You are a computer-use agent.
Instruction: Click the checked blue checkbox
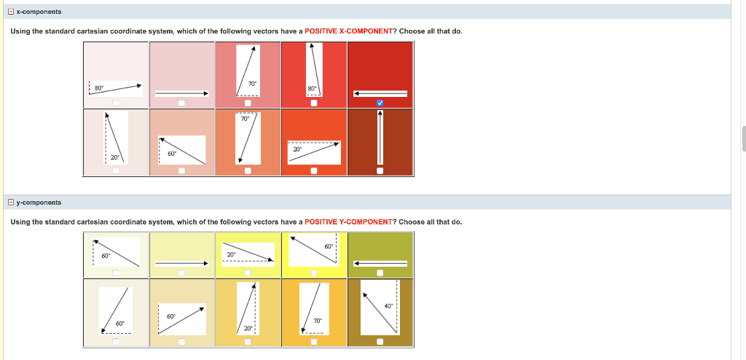[x=380, y=103]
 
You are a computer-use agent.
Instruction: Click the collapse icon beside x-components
[x=11, y=12]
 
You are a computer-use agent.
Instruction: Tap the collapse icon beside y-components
[x=11, y=203]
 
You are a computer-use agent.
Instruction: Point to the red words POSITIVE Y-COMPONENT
[x=348, y=222]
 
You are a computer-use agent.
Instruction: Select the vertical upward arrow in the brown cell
[x=380, y=137]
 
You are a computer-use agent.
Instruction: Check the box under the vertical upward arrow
[x=380, y=171]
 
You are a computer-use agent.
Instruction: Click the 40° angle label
[x=388, y=306]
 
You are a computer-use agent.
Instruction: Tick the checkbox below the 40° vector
[x=380, y=341]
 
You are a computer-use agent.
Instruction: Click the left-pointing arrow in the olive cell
[x=380, y=263]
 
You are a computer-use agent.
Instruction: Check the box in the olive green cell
[x=380, y=273]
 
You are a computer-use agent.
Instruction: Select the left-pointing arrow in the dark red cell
[x=380, y=93]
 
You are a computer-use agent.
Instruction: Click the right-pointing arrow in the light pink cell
[x=181, y=93]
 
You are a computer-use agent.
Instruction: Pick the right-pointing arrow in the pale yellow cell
[x=181, y=263]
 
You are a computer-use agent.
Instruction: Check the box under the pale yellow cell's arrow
[x=181, y=273]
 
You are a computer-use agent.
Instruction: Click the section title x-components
[x=39, y=12]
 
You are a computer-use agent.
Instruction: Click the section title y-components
[x=39, y=203]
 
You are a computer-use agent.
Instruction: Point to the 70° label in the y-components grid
[x=318, y=321]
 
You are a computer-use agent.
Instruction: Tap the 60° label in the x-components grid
[x=172, y=153]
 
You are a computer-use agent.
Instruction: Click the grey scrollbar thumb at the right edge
[x=744, y=138]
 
